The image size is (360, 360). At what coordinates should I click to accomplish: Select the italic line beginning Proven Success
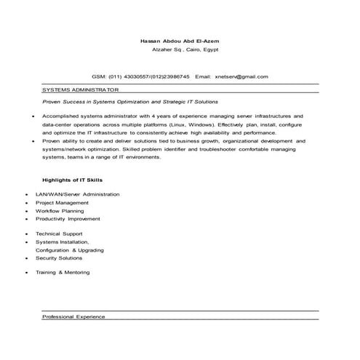coord(129,103)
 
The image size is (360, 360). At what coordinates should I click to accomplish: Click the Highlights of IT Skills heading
coord(73,179)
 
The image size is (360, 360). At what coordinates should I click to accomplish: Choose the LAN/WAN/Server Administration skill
coord(77,194)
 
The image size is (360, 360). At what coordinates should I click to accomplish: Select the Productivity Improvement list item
coord(68,218)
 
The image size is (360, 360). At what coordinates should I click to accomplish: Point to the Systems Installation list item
coord(62,241)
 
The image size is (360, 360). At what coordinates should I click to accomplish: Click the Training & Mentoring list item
coord(63,272)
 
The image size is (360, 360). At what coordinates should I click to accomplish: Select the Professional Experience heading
coord(74,317)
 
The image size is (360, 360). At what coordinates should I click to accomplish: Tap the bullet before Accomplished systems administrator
coord(33,116)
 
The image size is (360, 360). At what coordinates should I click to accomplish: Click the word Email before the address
coord(203,76)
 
